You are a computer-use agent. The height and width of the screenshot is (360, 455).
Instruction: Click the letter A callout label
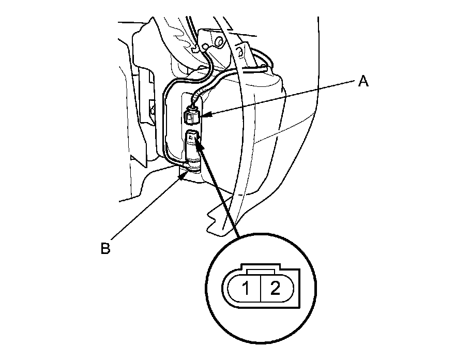click(363, 82)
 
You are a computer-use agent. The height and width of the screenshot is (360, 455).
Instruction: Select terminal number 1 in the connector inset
click(248, 288)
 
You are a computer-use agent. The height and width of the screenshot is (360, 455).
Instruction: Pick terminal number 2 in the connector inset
click(275, 288)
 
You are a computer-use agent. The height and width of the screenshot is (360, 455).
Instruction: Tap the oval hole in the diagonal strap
click(240, 51)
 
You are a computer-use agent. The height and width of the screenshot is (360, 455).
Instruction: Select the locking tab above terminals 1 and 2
click(262, 271)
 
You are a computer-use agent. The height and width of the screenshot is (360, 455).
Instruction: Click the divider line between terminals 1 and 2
click(262, 288)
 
